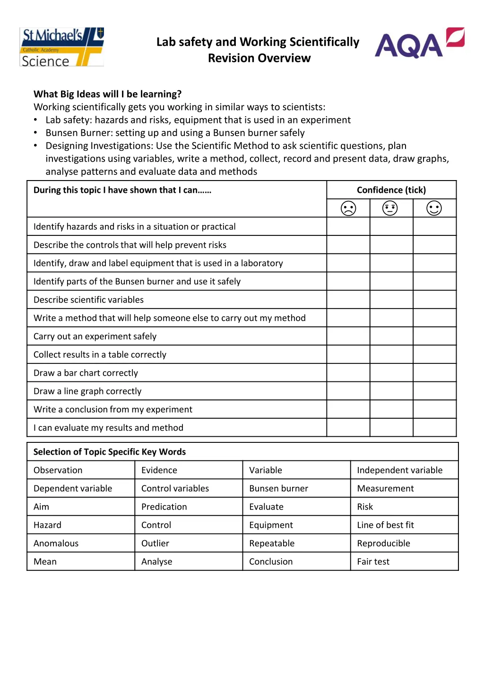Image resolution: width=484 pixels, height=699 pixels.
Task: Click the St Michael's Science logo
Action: (x=61, y=47)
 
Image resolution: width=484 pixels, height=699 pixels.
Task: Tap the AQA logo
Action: (x=419, y=43)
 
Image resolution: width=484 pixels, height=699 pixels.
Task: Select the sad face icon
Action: (x=348, y=208)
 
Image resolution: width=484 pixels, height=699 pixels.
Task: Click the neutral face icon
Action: (x=390, y=208)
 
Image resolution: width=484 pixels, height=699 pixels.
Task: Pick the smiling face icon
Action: (x=434, y=208)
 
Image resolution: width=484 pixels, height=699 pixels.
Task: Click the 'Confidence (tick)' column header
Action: (x=391, y=190)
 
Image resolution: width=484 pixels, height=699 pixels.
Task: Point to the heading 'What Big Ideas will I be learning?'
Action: (x=107, y=94)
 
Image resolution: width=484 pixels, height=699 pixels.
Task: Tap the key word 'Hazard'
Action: (x=47, y=525)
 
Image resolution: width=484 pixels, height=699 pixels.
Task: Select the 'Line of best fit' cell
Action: (x=385, y=525)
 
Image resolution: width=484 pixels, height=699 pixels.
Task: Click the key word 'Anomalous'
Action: (x=56, y=544)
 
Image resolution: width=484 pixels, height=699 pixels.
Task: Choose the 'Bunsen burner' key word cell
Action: (x=278, y=489)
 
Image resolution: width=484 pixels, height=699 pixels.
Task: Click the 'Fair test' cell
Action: (x=373, y=562)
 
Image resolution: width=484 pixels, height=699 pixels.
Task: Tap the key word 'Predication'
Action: (x=164, y=507)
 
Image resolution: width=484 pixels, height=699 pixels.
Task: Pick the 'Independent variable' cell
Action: (x=399, y=470)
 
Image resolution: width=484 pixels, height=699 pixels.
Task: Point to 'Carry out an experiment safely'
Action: (x=95, y=337)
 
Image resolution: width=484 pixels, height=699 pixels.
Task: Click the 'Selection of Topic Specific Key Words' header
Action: (x=109, y=452)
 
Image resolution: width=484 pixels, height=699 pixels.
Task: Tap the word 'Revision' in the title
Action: (x=229, y=58)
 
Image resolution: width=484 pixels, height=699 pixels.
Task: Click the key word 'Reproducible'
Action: (x=383, y=544)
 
